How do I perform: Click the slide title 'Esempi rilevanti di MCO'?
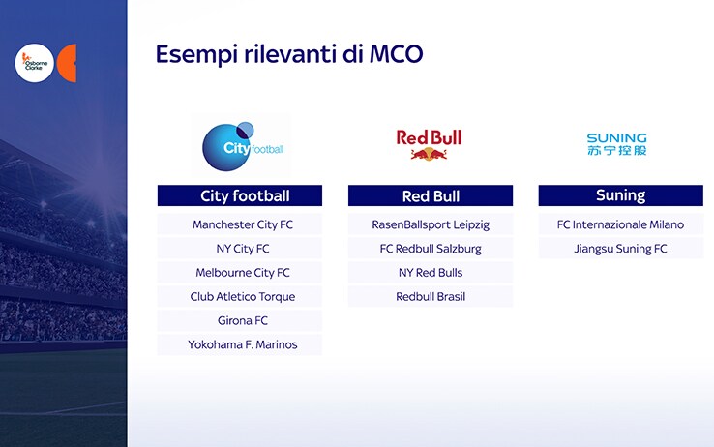point(289,54)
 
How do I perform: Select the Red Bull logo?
point(429,145)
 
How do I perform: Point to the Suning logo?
point(616,144)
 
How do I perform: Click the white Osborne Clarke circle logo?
point(35,63)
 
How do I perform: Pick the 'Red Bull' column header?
point(431,195)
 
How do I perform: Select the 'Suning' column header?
point(621,195)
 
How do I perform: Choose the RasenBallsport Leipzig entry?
point(431,224)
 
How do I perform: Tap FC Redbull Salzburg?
point(431,249)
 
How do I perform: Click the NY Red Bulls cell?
point(431,273)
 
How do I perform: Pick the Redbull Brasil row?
point(431,297)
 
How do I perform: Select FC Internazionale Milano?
point(621,224)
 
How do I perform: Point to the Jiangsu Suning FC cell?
point(621,249)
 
